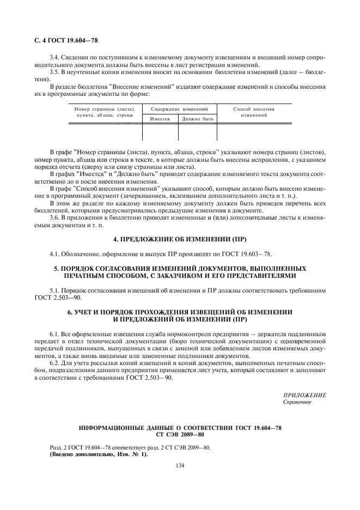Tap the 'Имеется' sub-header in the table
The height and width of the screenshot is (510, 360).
point(160,119)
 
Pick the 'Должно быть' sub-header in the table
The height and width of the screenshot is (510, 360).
point(197,119)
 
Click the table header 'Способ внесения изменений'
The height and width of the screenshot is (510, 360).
point(253,112)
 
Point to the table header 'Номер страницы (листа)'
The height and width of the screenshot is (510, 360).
point(105,109)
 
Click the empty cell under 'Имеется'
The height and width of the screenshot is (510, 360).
point(160,132)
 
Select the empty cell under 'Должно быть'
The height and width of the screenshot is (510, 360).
point(197,132)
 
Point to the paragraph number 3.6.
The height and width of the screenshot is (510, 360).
point(54,218)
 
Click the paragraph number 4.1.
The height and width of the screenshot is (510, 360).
point(54,253)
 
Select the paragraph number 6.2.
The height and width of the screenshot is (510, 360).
point(54,362)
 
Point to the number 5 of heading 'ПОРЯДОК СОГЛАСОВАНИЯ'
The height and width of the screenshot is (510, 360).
point(56,269)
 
